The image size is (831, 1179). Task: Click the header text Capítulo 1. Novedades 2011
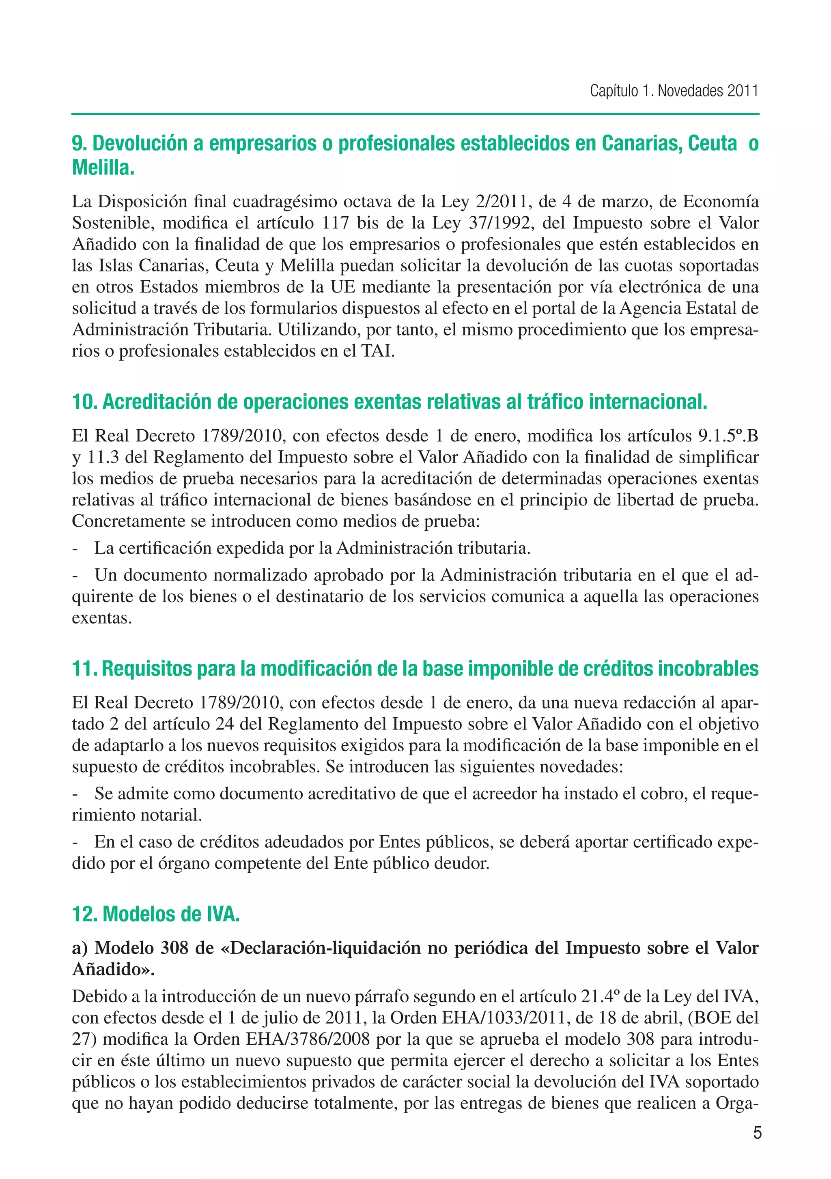673,91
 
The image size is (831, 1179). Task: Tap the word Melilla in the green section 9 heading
103,168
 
